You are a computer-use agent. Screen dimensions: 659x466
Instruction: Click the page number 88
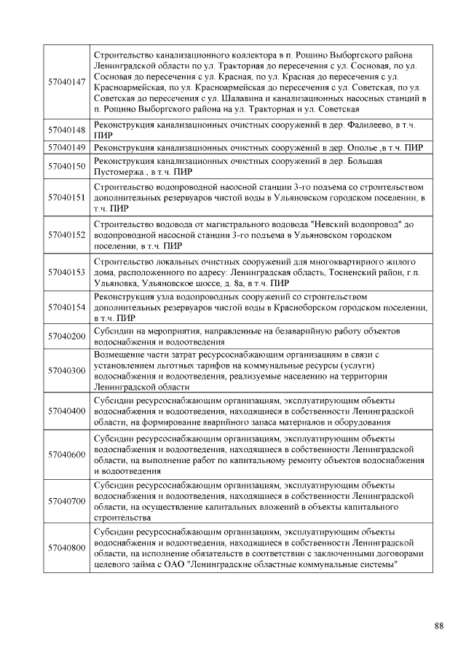pos(438,626)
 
